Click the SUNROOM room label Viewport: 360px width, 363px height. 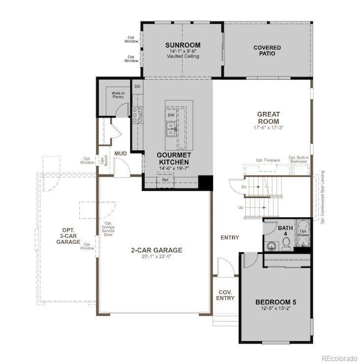182,45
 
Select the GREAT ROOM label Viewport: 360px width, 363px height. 268,118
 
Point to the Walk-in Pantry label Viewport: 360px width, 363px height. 118,95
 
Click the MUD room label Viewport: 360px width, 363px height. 121,153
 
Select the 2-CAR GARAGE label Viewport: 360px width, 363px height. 157,250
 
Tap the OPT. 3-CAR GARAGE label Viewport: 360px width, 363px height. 68,237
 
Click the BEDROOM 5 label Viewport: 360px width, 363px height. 276,302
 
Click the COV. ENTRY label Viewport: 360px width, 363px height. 225,295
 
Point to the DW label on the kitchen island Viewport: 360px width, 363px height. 171,115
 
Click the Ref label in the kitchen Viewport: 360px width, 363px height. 165,180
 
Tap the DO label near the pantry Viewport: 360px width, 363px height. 137,87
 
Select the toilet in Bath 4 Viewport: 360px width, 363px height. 271,246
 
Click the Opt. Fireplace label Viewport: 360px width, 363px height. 268,160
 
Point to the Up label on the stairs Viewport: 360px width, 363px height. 240,207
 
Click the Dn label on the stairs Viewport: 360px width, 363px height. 244,187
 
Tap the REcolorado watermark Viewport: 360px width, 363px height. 340,357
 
